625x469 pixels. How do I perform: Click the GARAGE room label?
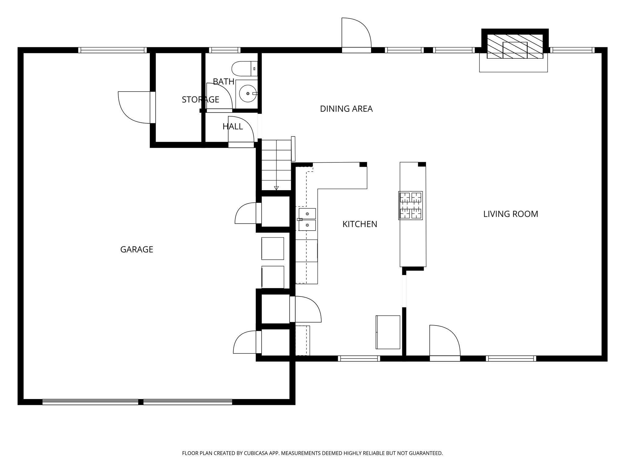tap(136, 249)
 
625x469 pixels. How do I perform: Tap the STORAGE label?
tap(200, 100)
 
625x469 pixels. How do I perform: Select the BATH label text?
tap(223, 82)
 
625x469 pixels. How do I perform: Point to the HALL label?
tap(233, 126)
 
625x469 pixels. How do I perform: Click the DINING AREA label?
tap(346, 109)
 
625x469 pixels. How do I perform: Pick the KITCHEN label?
tap(359, 224)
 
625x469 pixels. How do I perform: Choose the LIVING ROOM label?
tap(510, 214)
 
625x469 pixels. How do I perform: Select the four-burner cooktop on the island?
tap(410, 205)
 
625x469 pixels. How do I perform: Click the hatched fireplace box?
tap(515, 46)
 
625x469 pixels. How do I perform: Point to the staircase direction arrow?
tap(276, 188)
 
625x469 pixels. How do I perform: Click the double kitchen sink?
tap(307, 219)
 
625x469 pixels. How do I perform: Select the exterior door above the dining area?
tap(356, 34)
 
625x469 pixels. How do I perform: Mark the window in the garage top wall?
tap(112, 50)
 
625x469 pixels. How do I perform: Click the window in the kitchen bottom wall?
tap(359, 358)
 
